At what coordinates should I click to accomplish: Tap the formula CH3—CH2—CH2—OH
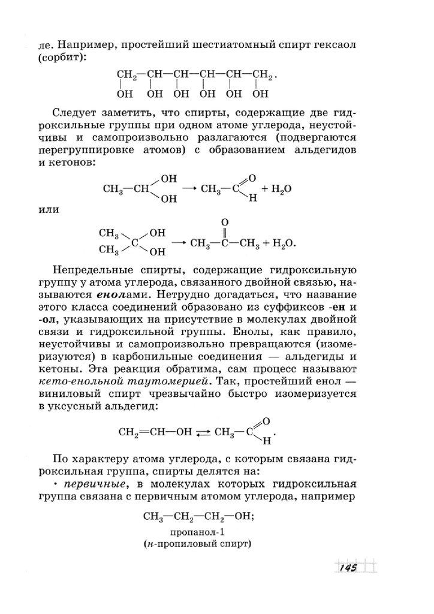[x=196, y=516]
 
